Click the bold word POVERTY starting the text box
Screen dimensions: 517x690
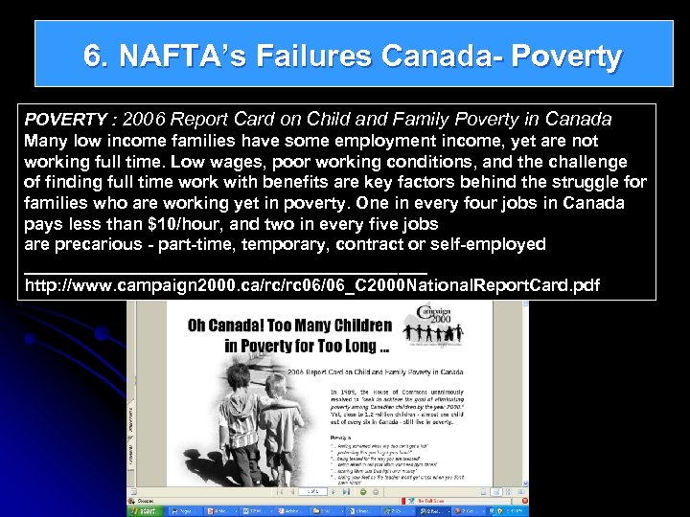click(x=65, y=120)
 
